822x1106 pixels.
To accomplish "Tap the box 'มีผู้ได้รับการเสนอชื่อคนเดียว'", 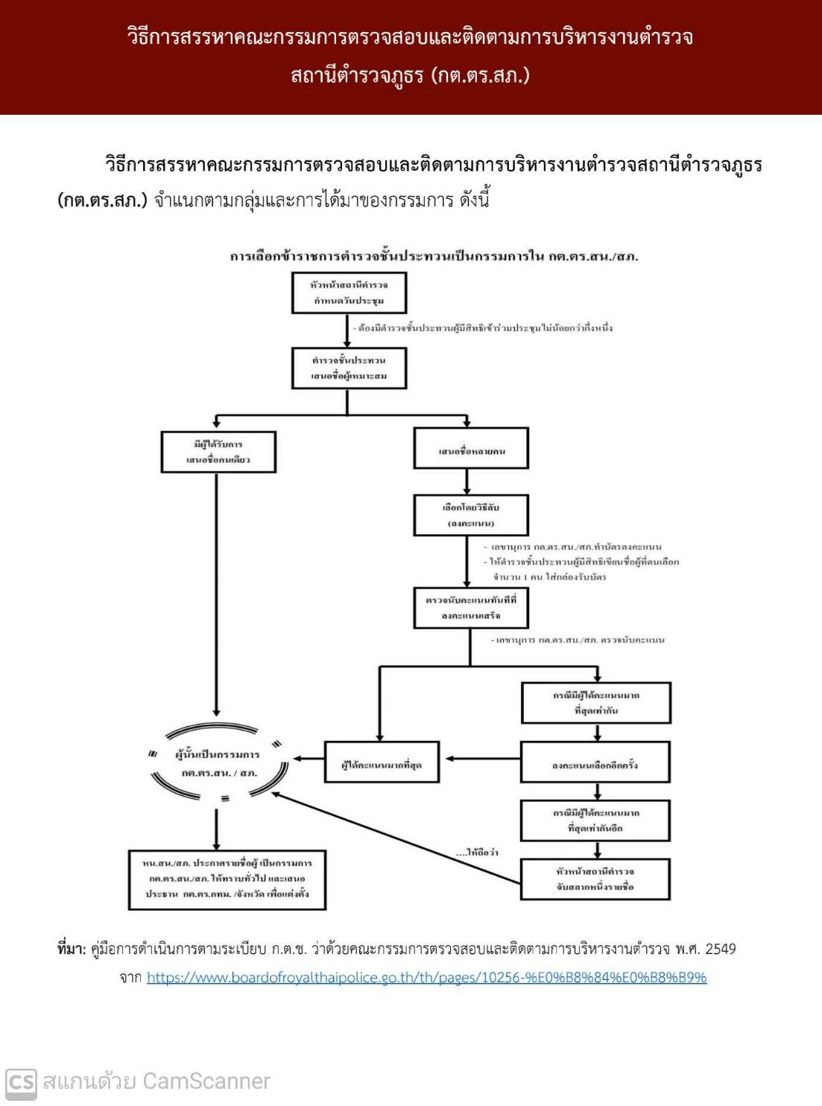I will tap(218, 452).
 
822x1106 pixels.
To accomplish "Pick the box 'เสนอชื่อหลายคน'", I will tap(471, 449).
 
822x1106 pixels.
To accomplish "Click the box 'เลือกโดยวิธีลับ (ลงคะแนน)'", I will tap(471, 515).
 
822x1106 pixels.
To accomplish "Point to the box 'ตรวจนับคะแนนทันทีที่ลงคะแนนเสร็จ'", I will tap(471, 607).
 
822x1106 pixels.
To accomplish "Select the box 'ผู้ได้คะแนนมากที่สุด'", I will tap(382, 762).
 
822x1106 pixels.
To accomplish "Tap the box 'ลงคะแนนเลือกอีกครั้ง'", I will tap(595, 762).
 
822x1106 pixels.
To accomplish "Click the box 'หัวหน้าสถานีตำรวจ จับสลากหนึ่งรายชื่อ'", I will tap(595, 879).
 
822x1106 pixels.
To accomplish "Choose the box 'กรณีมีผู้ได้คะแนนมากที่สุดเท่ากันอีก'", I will tap(595, 820).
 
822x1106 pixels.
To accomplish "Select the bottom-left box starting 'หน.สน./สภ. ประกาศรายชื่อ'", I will tap(227, 879).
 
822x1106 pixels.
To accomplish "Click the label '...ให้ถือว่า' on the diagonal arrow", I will tap(477, 852).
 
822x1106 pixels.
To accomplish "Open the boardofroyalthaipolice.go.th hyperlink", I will tap(426, 978).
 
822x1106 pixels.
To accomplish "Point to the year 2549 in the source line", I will tap(720, 949).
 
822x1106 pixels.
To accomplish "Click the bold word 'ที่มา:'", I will tap(72, 949).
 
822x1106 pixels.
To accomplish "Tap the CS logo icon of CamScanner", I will tap(21, 1082).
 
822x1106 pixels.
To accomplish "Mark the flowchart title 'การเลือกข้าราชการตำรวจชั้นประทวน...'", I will tap(434, 256).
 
